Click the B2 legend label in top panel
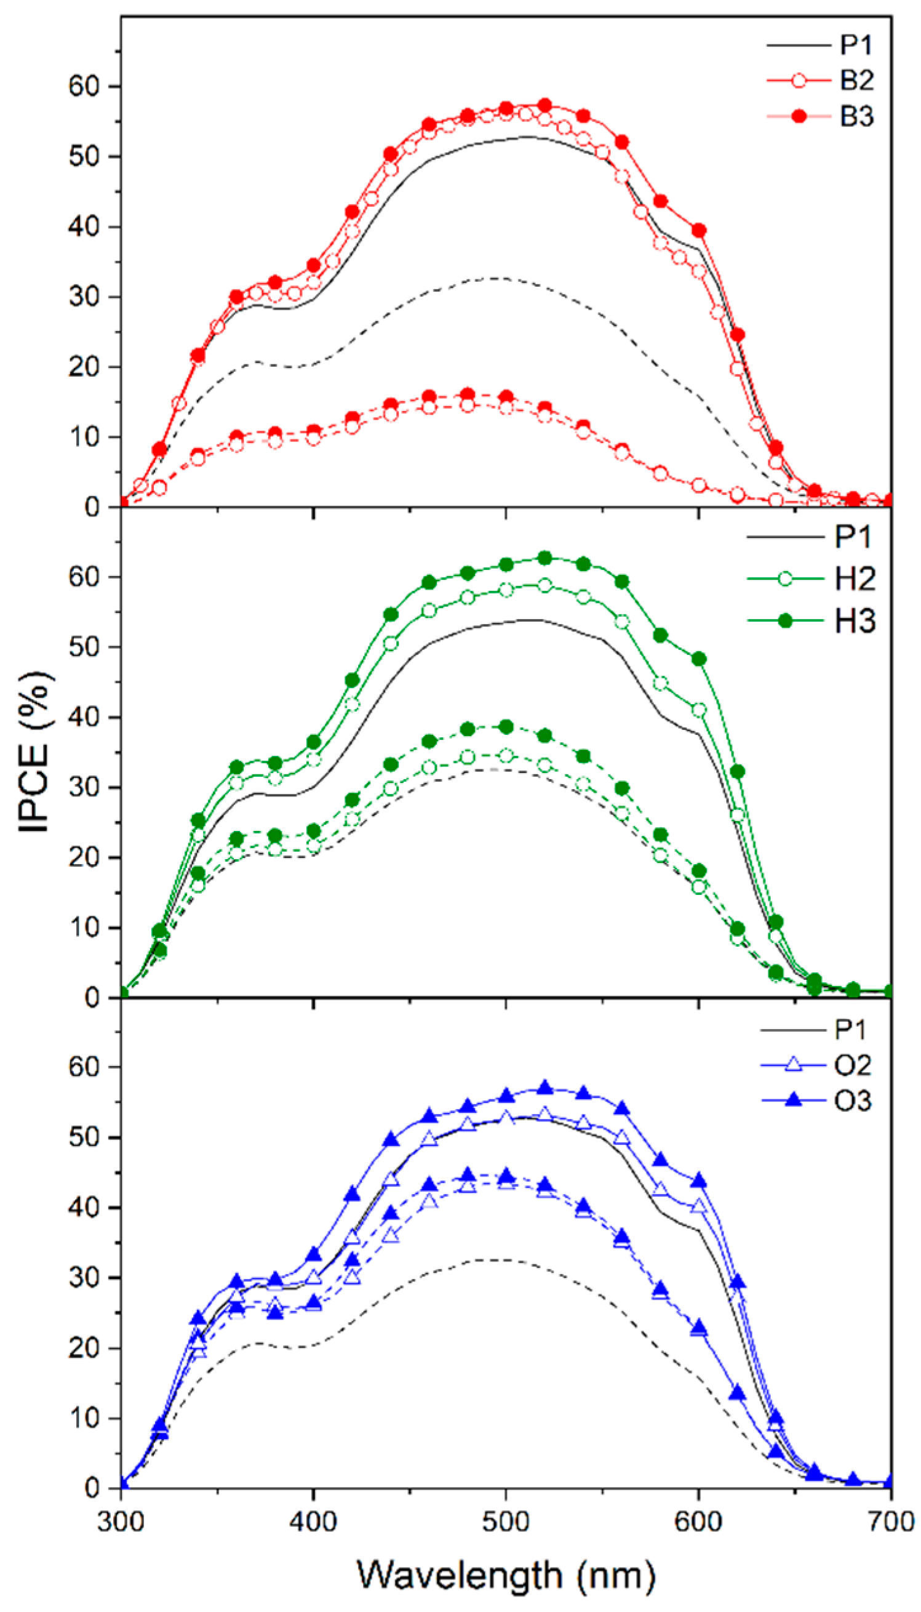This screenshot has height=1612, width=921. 856,81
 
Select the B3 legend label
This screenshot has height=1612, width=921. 856,116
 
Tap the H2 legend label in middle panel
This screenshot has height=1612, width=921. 855,579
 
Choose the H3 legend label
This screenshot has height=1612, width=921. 855,621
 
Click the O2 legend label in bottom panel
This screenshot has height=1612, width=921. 853,1065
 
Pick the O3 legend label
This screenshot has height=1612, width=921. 853,1101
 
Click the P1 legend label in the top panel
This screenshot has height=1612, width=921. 856,45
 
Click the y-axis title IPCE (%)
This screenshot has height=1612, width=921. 35,752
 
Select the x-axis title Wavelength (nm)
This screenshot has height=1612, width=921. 505,1574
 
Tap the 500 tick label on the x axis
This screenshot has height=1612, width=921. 505,1522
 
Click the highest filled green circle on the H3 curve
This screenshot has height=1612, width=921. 544,558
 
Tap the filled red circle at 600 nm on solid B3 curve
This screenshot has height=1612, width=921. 698,230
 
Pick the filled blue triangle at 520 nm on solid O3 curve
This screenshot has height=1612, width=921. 544,1088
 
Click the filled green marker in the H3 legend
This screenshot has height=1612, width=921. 785,621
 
